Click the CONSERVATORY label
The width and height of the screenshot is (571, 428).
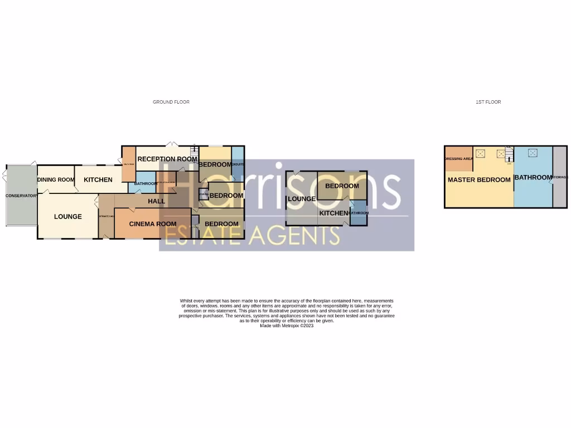click(21, 196)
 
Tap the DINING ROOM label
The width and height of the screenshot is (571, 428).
click(56, 180)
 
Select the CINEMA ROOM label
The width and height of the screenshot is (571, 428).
click(153, 224)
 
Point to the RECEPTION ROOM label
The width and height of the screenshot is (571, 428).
click(167, 159)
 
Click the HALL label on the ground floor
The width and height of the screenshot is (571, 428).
click(157, 201)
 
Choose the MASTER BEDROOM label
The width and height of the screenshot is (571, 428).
click(479, 180)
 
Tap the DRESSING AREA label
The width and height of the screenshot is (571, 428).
click(458, 159)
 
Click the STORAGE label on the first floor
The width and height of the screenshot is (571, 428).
click(559, 178)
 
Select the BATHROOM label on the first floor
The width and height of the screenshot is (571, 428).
click(533, 178)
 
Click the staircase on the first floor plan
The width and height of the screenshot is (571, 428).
click(509, 153)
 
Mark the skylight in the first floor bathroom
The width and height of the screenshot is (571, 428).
click(533, 153)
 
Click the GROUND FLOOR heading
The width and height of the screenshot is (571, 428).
click(171, 102)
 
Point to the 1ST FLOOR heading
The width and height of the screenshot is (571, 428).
click(488, 102)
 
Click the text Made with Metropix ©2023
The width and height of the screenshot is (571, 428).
click(287, 325)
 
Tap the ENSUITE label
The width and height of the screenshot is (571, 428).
click(238, 164)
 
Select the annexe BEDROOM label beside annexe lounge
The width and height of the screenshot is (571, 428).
click(342, 186)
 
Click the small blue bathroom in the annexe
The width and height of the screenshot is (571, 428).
click(359, 214)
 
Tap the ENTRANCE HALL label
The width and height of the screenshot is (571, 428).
click(106, 217)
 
